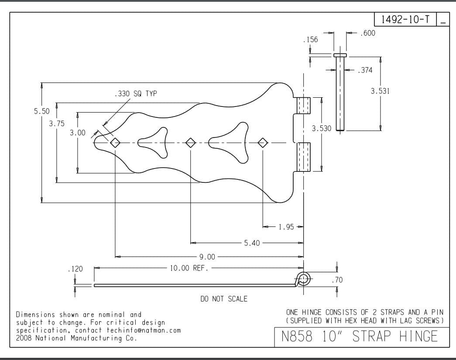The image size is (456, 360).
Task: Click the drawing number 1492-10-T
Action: (405, 19)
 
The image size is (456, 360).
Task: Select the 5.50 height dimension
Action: (42, 111)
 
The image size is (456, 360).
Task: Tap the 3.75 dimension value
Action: (57, 123)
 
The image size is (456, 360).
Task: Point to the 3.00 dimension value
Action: (78, 133)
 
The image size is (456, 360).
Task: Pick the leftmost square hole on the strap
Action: (115, 142)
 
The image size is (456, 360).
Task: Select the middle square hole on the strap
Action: (190, 142)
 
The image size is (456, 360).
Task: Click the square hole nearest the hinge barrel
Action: (263, 142)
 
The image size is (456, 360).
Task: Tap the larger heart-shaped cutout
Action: (231, 142)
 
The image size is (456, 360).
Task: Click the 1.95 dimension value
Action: (286, 227)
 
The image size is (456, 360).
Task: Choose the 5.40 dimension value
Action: (252, 243)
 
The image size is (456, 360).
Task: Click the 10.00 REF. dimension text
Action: (189, 268)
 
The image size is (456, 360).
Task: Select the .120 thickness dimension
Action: (75, 269)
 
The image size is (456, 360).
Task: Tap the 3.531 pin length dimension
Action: (380, 91)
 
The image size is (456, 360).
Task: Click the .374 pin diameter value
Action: (365, 70)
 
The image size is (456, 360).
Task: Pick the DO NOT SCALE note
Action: (223, 299)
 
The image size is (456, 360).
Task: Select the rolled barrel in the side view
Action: (304, 278)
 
